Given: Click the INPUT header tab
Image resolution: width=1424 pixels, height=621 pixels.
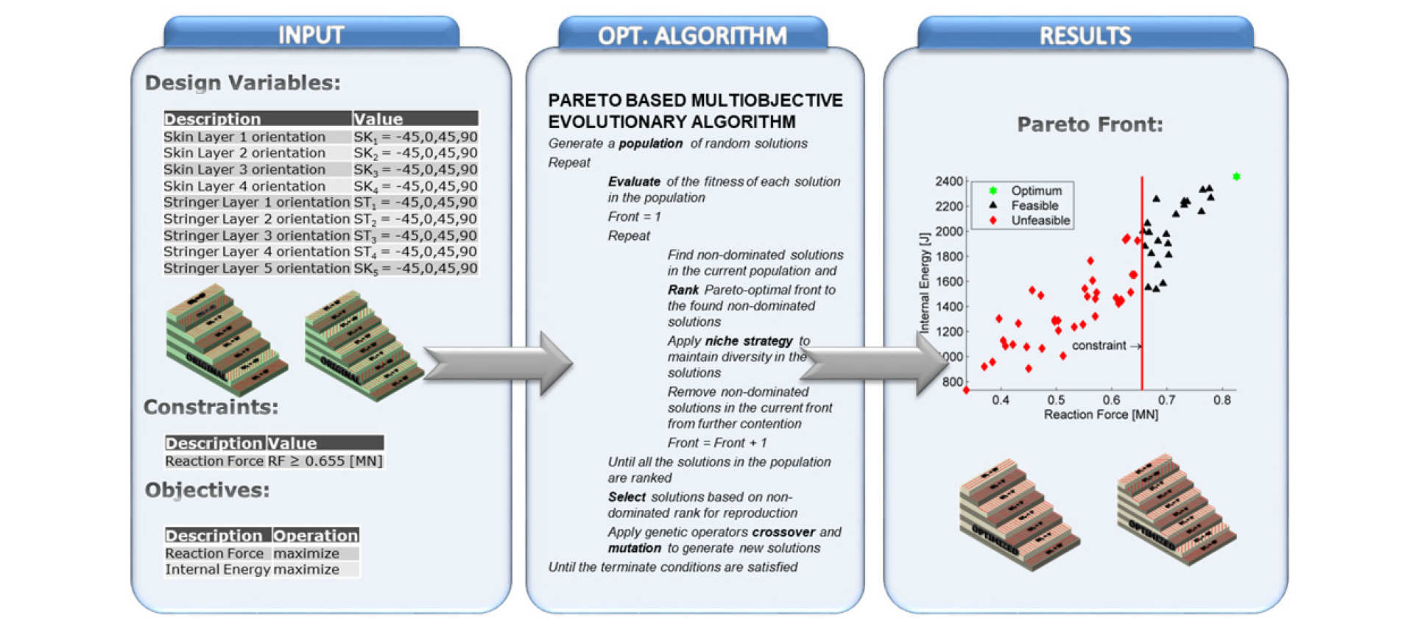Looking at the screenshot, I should (x=311, y=35).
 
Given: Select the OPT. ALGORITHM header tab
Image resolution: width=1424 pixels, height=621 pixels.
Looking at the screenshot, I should (x=692, y=35).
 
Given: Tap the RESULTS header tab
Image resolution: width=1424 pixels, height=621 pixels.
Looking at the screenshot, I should (x=1085, y=35).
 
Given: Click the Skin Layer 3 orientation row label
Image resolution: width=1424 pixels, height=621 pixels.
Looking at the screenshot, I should (x=244, y=169).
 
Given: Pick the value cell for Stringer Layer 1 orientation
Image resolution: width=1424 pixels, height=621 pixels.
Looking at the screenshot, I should (x=415, y=202).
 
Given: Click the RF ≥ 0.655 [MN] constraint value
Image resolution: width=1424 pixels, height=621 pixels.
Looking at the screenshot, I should (x=325, y=461).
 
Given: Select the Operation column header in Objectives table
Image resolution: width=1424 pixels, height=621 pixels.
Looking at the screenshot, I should (x=315, y=535).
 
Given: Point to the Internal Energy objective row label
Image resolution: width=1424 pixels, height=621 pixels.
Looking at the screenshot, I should (x=217, y=569).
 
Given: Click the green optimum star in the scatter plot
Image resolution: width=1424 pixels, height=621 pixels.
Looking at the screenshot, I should (x=1236, y=177).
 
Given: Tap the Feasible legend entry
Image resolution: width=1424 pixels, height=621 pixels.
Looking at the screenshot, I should (x=1034, y=206).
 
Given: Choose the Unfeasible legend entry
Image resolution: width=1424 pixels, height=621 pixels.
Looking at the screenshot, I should (x=1040, y=220).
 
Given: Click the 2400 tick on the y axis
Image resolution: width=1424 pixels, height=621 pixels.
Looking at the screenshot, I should (x=948, y=181).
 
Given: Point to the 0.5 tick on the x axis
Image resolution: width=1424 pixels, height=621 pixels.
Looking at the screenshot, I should (x=1056, y=400).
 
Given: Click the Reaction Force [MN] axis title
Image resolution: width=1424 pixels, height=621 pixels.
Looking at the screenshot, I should (x=1100, y=415).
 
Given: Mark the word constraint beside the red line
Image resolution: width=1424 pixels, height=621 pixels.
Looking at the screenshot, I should (x=1099, y=346).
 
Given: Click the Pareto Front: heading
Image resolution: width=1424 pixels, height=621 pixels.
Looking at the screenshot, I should (x=1090, y=124).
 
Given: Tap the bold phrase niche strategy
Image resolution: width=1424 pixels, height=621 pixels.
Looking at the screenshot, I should (x=749, y=341).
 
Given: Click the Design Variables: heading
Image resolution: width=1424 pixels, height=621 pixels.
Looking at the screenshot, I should (x=242, y=82).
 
